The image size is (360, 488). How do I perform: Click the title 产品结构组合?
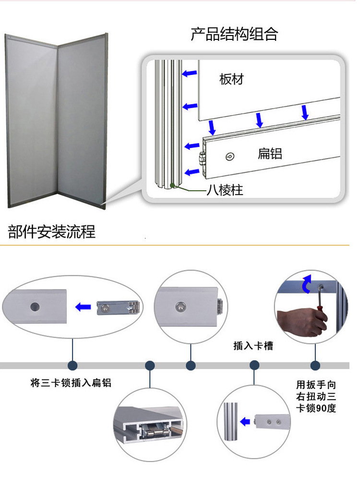[234, 35]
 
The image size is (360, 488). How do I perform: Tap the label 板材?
[231, 79]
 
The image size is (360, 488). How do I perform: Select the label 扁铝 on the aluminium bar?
[270, 154]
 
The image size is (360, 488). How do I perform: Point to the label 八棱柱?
[225, 190]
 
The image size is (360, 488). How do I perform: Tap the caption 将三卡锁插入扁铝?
[71, 383]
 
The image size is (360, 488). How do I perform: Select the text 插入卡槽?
[253, 346]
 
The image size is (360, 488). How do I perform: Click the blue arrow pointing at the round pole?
[245, 422]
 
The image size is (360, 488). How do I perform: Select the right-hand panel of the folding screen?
[82, 120]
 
